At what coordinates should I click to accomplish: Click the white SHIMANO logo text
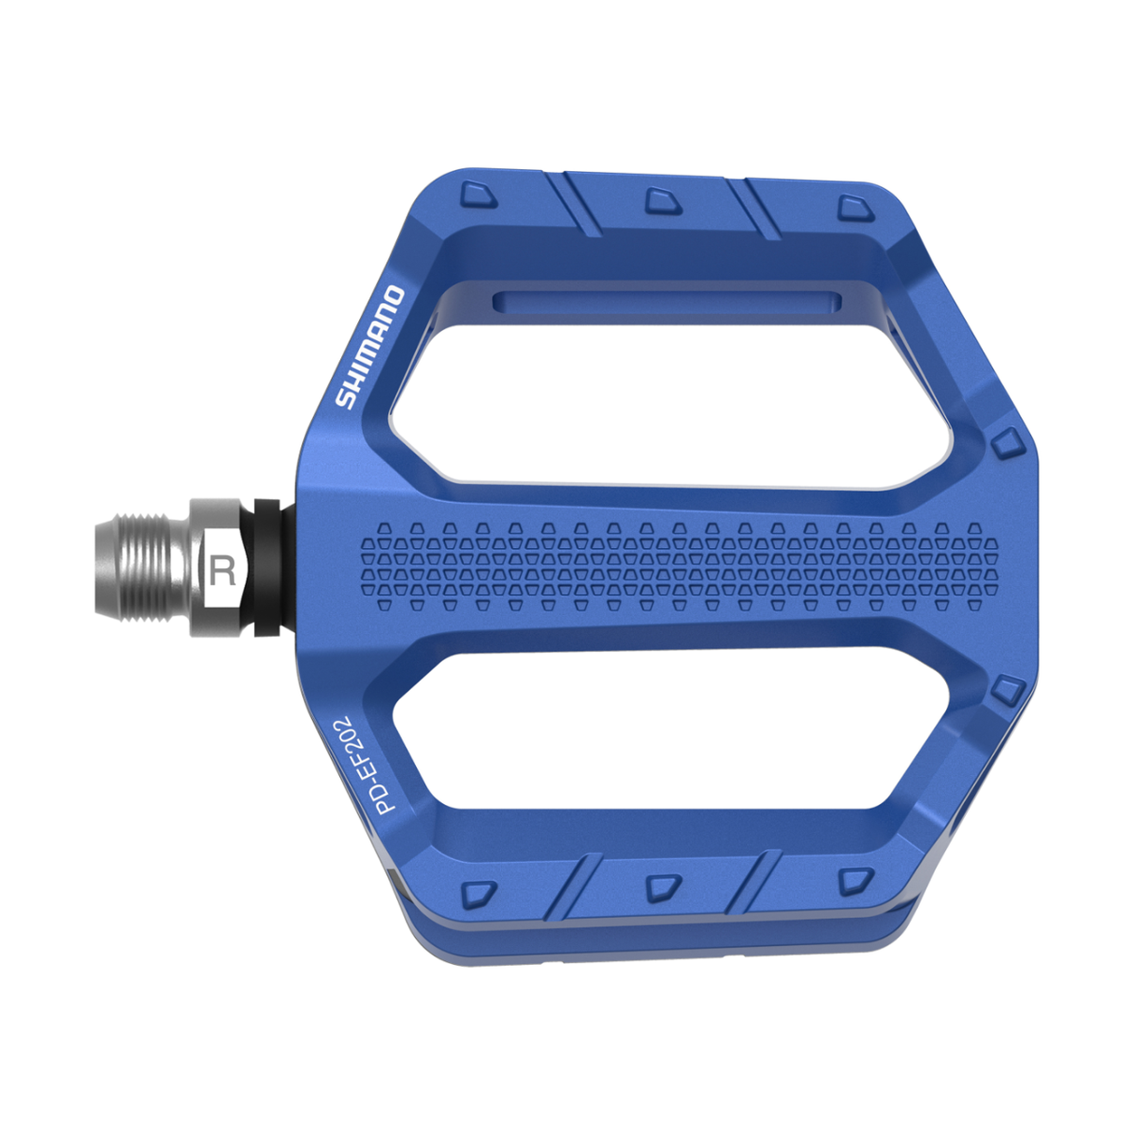click(370, 348)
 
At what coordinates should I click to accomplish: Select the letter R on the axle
click(223, 570)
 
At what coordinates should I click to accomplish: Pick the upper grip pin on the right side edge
click(1007, 442)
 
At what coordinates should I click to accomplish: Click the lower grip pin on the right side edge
click(1007, 691)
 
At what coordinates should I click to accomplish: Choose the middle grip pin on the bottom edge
click(663, 885)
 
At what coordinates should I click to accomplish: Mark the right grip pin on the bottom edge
click(854, 879)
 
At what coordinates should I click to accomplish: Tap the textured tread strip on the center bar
click(678, 566)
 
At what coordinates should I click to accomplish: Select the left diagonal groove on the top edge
click(572, 204)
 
